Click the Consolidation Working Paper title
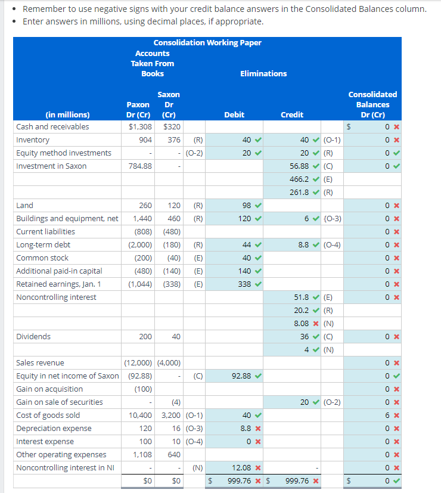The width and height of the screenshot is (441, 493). pos(207,43)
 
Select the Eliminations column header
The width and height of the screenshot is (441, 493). pos(263,73)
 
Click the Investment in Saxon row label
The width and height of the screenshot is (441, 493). pos(51,166)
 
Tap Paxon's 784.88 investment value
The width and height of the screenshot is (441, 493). pos(140,166)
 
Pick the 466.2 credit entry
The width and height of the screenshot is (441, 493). pos(299,179)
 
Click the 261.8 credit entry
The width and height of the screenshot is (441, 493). pos(299,193)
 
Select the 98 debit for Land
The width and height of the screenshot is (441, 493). pos(247,205)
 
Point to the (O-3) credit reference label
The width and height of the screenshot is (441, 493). pos(333,219)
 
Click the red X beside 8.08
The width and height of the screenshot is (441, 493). pos(316,324)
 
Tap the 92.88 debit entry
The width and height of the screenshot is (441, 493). pos(241,376)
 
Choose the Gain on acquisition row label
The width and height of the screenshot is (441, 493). pos(49,389)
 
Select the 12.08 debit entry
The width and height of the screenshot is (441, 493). pos(241,467)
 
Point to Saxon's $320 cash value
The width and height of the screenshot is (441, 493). pos(172,127)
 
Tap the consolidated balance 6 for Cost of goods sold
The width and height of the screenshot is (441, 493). pos(387,416)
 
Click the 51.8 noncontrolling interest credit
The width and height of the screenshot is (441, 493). pos(301,297)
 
